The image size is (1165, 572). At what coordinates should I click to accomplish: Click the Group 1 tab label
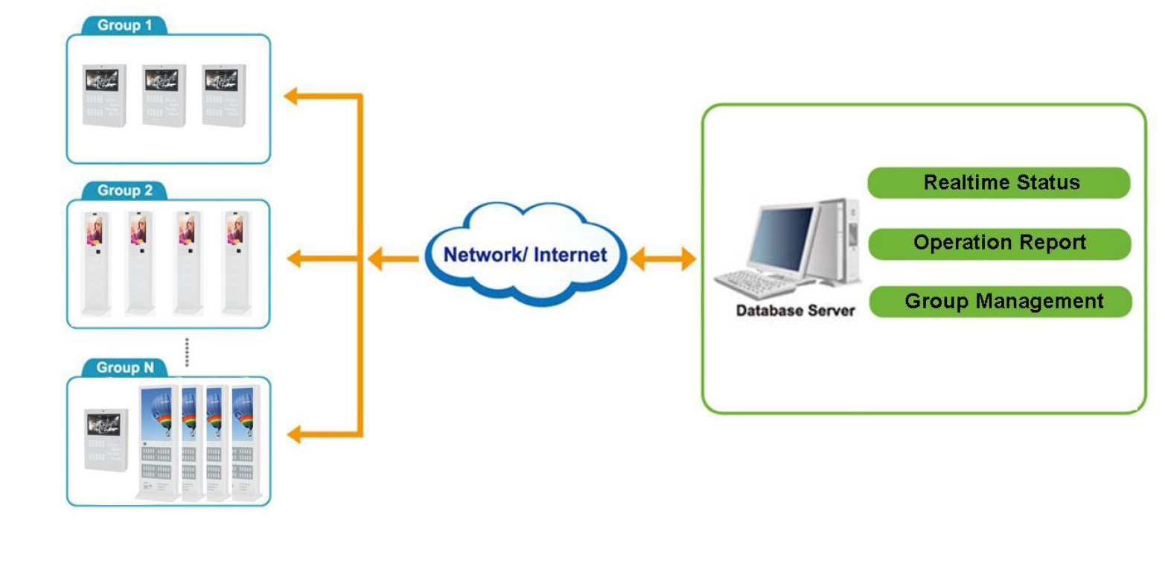(124, 25)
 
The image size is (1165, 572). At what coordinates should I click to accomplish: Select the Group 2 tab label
(125, 191)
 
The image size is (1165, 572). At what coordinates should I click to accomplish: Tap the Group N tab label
(125, 368)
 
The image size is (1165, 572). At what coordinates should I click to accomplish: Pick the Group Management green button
(1000, 302)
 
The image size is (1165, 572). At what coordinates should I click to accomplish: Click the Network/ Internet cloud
(526, 254)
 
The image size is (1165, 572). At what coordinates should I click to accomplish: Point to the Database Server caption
(795, 310)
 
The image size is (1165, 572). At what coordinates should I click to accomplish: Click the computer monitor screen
(782, 237)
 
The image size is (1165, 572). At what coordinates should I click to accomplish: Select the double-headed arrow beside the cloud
(663, 259)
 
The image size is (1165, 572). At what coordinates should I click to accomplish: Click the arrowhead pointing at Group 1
(293, 95)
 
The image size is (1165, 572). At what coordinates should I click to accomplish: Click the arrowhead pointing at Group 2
(294, 259)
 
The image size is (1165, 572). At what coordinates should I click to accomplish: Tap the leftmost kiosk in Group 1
(103, 95)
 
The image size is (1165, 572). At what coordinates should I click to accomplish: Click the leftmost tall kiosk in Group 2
(95, 262)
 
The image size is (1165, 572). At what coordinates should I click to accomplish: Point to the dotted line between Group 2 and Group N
(188, 352)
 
